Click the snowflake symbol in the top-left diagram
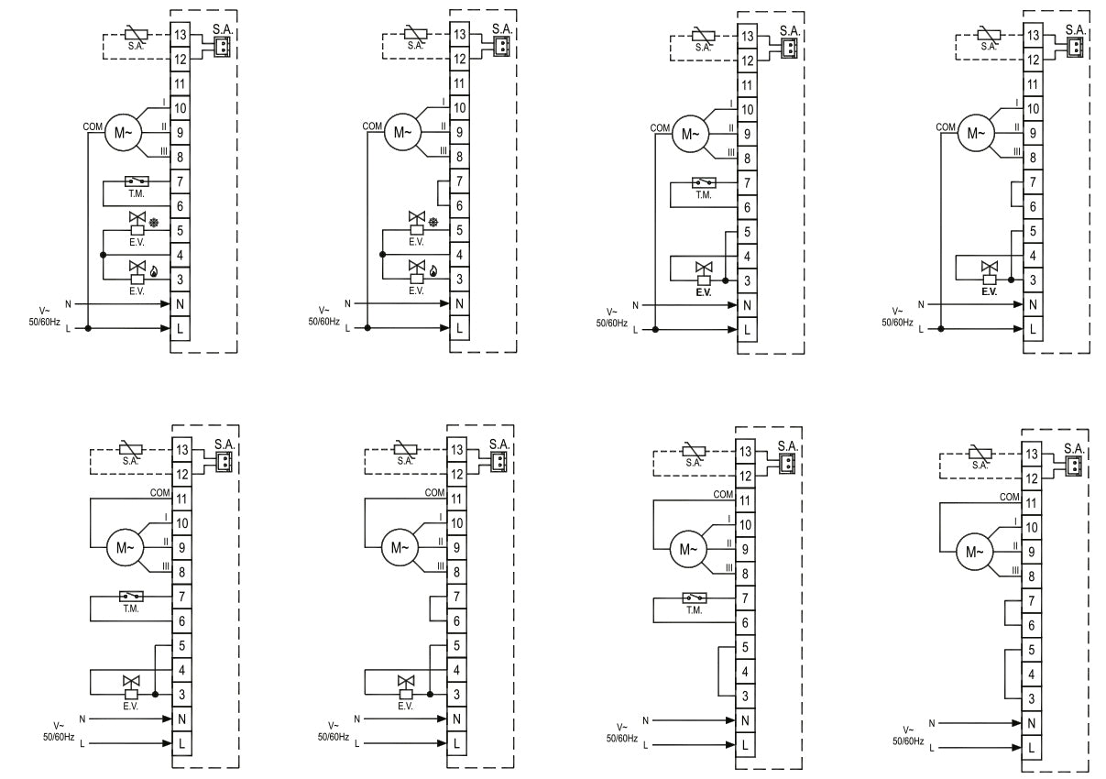click(154, 223)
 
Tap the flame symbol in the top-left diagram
click(154, 271)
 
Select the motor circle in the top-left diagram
click(123, 132)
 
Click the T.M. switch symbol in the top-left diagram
click(137, 181)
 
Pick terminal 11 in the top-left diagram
click(181, 83)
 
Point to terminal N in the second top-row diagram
click(459, 303)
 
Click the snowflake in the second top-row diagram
click(433, 223)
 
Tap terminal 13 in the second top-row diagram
click(459, 34)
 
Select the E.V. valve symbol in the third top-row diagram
click(704, 274)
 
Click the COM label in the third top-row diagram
click(660, 128)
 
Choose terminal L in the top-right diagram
click(1033, 328)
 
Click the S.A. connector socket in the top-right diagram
click(1075, 48)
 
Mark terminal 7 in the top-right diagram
click(1033, 182)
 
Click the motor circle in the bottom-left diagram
click(125, 547)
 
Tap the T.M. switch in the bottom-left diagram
click(131, 597)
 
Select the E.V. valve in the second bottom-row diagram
click(406, 687)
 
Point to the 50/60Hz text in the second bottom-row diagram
click(334, 737)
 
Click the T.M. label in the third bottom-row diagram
click(694, 610)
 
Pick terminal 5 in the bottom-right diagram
click(1031, 650)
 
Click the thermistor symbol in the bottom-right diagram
click(980, 454)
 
